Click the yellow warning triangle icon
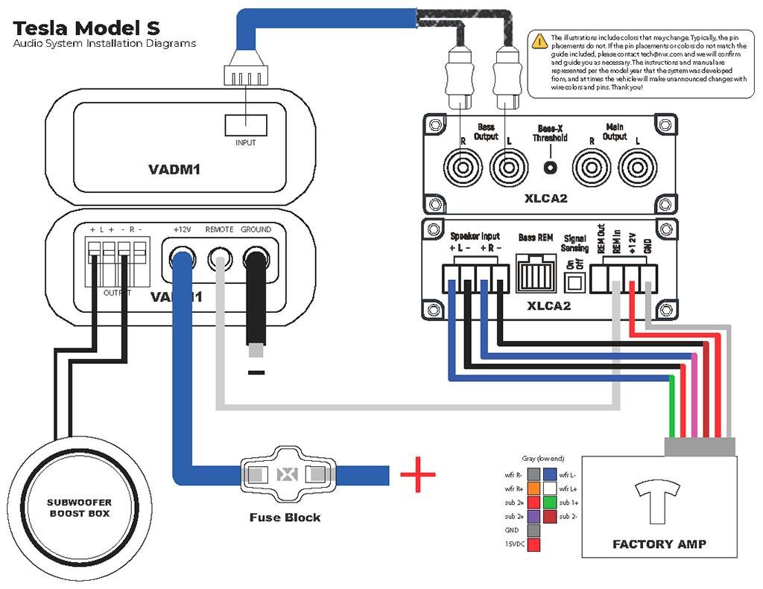click(540, 42)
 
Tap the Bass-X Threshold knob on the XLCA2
click(550, 168)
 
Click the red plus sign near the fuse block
click(417, 474)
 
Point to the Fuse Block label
click(285, 517)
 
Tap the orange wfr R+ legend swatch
click(534, 488)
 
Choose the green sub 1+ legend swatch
click(551, 502)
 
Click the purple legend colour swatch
click(534, 516)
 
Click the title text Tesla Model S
click(86, 29)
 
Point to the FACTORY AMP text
click(659, 544)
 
